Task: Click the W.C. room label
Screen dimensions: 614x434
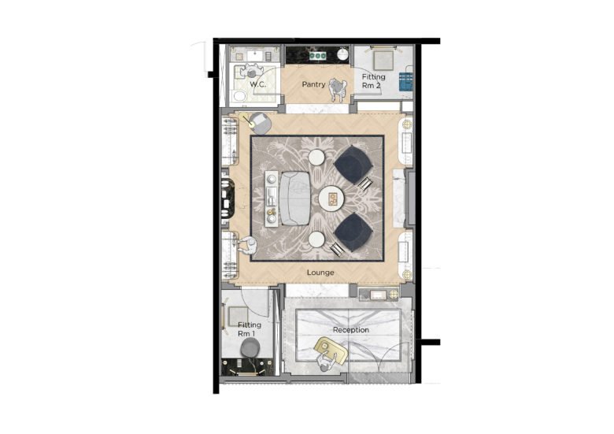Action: click(x=257, y=84)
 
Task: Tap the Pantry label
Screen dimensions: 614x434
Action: click(x=313, y=84)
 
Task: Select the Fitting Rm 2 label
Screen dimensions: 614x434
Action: click(x=373, y=81)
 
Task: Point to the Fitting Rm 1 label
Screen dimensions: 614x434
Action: click(x=249, y=329)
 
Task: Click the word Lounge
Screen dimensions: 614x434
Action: click(x=320, y=273)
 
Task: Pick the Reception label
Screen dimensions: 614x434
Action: click(x=351, y=330)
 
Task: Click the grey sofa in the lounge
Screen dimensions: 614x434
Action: click(x=296, y=198)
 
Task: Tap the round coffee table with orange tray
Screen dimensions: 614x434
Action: click(x=331, y=198)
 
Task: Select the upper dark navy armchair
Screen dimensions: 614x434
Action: click(x=353, y=165)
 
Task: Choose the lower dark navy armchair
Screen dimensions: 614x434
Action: click(x=353, y=232)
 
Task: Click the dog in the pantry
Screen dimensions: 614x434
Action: click(x=336, y=89)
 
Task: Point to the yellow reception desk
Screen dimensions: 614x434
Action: click(x=331, y=350)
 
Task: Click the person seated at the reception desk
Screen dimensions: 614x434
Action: click(x=326, y=362)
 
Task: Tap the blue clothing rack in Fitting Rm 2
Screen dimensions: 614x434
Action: click(x=405, y=81)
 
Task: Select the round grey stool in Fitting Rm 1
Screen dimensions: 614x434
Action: click(x=250, y=348)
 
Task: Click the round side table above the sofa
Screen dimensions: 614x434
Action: click(x=316, y=158)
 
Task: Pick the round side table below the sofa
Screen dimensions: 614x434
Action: click(x=316, y=239)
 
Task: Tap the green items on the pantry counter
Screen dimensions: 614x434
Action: click(x=317, y=56)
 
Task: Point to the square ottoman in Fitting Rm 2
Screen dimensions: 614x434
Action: click(x=383, y=61)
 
